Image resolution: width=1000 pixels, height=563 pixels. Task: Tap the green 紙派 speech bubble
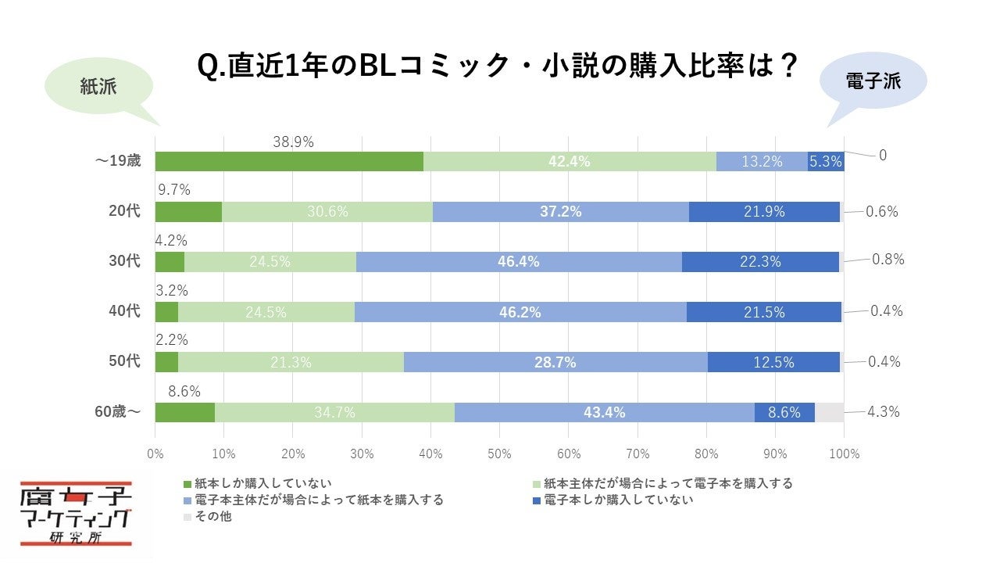98,87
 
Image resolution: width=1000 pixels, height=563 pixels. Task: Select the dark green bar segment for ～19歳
289,162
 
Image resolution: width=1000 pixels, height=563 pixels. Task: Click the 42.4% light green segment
569,162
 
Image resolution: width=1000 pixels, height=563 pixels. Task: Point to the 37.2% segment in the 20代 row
560,212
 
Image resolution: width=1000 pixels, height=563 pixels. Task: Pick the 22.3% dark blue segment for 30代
760,262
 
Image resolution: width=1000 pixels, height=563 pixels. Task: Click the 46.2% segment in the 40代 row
520,312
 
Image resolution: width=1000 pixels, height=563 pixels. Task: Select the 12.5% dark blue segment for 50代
773,362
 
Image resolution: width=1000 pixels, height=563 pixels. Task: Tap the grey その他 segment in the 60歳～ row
829,412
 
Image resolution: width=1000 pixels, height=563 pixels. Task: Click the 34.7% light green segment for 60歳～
334,412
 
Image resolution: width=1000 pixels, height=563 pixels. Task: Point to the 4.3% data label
883,411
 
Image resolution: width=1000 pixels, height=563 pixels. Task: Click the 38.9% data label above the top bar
293,142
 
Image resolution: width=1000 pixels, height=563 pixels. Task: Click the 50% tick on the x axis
499,454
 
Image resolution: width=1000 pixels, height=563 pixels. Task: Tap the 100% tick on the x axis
844,454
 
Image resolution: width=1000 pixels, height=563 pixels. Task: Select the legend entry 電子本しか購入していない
617,500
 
